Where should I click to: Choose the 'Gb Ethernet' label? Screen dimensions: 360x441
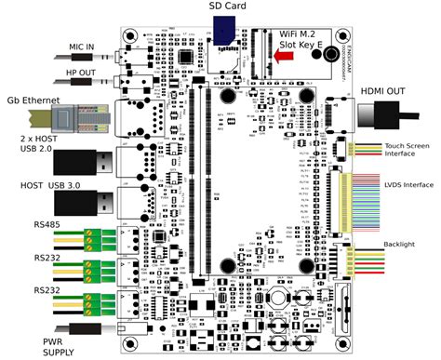(x=29, y=99)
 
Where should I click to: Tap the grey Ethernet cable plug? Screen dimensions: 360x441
(x=70, y=117)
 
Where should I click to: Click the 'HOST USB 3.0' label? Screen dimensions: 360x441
(x=48, y=187)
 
